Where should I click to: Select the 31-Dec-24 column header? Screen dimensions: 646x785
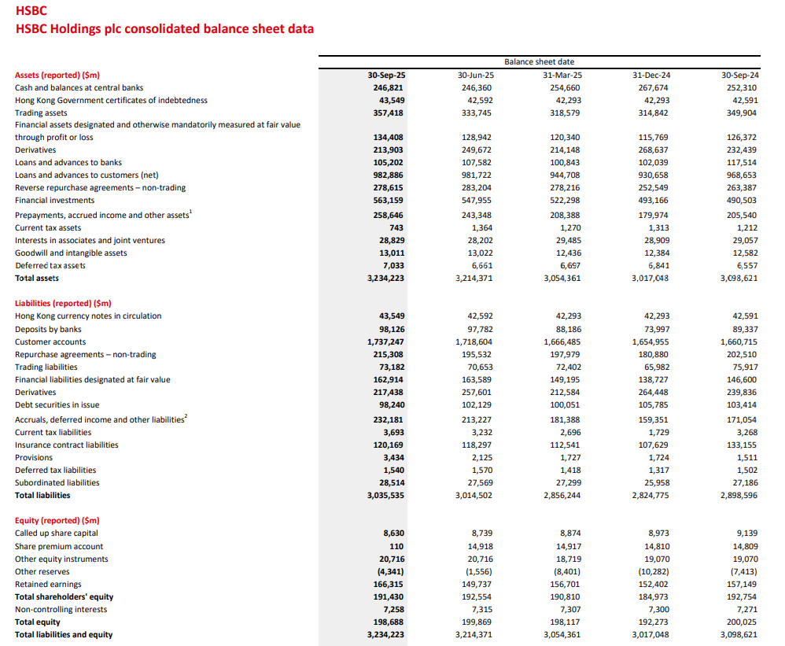point(651,75)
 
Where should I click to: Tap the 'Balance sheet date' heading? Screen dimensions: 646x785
point(539,61)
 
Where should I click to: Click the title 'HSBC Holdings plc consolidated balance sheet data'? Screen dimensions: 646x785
point(164,29)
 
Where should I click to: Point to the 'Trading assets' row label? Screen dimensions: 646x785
point(42,113)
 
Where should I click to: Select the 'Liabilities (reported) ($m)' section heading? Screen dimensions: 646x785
point(63,303)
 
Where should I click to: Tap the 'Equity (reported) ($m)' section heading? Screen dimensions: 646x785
point(57,520)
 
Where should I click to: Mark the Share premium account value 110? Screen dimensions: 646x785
point(396,546)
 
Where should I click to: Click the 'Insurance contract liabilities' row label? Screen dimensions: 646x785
point(66,445)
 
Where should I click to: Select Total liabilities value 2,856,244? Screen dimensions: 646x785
point(562,495)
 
